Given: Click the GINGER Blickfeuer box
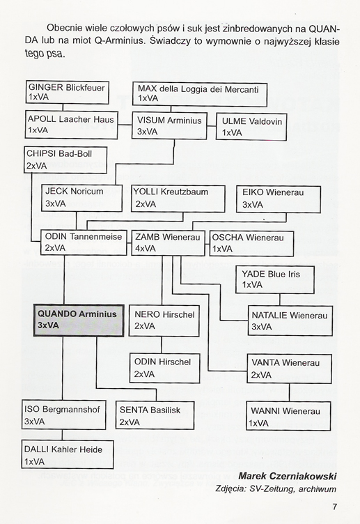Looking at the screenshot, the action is coord(68,92).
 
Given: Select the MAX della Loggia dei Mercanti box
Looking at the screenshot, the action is coord(200,94).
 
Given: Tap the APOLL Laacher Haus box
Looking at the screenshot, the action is coord(72,125).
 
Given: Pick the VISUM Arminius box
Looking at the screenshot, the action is coord(170,125).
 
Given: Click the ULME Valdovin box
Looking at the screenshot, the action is coord(251,127).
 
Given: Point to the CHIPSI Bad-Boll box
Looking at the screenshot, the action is coord(65,160).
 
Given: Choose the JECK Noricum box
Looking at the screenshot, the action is coord(82,198).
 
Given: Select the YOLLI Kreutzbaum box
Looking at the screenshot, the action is coord(178,199).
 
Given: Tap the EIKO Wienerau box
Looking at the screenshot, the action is coord(279,199).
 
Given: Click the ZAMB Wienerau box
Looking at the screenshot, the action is coord(168,243).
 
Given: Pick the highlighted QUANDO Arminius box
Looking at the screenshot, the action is coord(79,320).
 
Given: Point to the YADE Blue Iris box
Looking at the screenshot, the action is coord(275,279).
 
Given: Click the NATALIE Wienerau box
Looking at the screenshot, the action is coord(290,321).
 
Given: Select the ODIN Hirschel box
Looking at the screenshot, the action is coord(164,369).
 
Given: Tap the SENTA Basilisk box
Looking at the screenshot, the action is coord(155,415).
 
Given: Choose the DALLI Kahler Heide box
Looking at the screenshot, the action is coord(68,454).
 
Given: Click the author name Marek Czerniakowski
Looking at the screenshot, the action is coord(288,476).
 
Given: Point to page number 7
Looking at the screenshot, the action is coord(335,507).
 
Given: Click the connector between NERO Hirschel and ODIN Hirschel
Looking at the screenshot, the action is coord(162,345).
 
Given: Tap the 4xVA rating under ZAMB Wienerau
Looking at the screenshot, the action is coord(146,249).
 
